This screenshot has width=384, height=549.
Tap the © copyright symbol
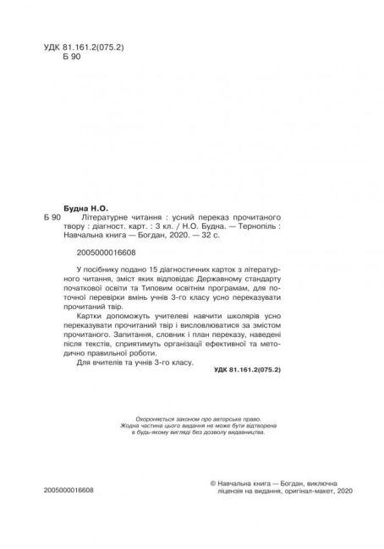(x=211, y=500)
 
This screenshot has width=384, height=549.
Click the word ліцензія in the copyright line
(x=226, y=513)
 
